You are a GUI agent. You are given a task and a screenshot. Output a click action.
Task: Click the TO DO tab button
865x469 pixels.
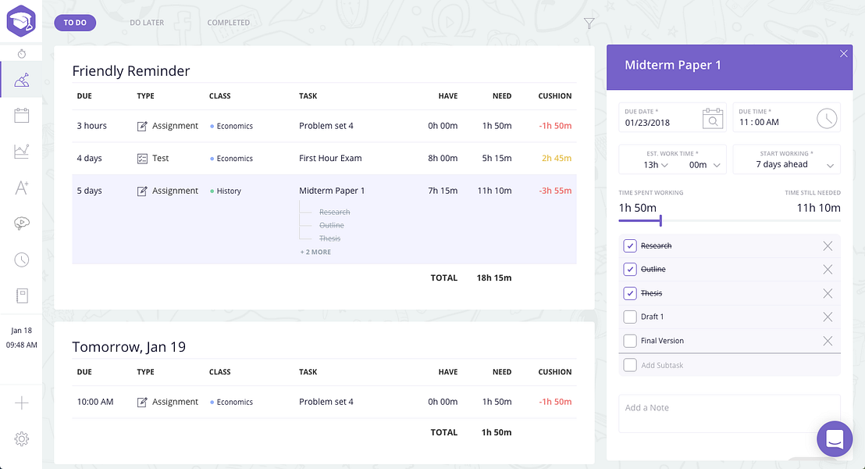pos(75,23)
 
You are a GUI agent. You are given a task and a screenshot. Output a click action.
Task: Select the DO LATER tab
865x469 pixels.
pos(147,23)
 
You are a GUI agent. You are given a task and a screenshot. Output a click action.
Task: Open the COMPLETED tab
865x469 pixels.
pos(229,23)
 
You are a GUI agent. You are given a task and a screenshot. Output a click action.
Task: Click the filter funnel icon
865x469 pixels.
pos(589,23)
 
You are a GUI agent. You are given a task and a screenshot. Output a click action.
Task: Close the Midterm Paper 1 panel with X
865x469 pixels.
pos(843,54)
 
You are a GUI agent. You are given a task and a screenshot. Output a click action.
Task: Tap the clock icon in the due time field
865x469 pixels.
pos(827,118)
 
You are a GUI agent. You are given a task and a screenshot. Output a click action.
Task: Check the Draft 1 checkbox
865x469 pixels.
pos(630,317)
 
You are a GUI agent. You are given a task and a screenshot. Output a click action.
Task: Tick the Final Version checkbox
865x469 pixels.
pos(630,341)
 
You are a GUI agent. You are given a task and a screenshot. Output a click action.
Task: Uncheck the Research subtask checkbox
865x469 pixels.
pos(630,245)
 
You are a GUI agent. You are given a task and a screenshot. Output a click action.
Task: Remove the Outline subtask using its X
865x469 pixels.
pos(828,270)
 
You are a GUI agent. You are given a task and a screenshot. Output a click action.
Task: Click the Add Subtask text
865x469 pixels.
pos(662,365)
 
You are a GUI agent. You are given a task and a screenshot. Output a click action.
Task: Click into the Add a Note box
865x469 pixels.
pos(728,413)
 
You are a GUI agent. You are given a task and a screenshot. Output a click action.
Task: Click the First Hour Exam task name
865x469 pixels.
pos(330,158)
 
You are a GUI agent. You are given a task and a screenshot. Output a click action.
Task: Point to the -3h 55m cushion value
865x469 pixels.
pos(555,191)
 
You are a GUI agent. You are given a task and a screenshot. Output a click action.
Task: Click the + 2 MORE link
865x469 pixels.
pos(315,252)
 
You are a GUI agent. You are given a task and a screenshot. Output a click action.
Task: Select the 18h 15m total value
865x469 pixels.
pos(494,277)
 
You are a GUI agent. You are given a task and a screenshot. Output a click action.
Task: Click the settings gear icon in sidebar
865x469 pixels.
pos(22,439)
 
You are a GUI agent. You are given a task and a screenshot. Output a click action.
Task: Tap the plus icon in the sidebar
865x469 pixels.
pos(22,403)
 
